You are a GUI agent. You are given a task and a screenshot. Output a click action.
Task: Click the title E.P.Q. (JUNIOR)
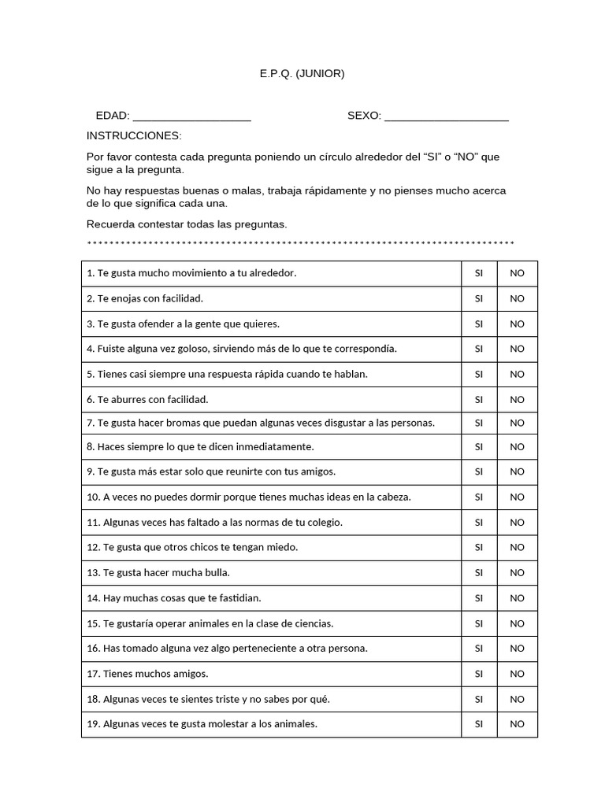(x=302, y=74)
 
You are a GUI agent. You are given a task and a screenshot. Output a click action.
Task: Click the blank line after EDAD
(x=191, y=117)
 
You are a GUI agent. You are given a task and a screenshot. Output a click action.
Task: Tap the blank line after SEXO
(x=446, y=117)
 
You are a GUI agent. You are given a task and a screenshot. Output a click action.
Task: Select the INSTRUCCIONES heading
(x=134, y=135)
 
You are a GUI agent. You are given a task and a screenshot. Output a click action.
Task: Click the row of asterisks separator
(x=300, y=243)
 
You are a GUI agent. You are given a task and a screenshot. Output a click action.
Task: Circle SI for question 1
(x=478, y=273)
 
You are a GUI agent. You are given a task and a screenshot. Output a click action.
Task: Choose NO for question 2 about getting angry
(x=517, y=298)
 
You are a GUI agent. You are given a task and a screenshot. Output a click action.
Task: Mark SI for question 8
(x=478, y=446)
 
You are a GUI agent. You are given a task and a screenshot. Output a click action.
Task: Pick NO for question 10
(x=517, y=497)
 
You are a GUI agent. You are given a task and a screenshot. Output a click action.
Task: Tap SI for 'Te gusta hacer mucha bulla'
(x=478, y=572)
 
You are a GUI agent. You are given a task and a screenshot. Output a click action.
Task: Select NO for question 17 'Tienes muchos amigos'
(x=517, y=674)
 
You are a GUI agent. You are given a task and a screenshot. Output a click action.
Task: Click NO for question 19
(x=517, y=724)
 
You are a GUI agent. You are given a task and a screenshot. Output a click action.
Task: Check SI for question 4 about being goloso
(x=478, y=349)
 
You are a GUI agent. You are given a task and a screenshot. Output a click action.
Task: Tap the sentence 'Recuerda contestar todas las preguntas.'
(x=187, y=224)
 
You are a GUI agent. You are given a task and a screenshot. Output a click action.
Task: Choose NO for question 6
(x=517, y=399)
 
